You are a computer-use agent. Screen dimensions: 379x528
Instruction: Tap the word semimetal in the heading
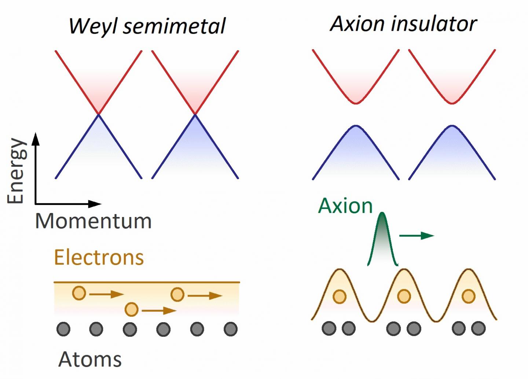coord(174,26)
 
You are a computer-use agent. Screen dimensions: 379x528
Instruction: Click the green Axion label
coord(345,206)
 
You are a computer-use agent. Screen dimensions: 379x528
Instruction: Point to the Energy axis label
coord(17,171)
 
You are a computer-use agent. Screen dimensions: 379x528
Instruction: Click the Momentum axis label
coord(93,221)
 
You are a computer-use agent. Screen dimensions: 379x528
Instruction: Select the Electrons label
coord(99,257)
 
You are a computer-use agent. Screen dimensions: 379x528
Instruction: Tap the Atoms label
coord(90,359)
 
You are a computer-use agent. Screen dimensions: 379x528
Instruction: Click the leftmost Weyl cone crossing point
coord(98,114)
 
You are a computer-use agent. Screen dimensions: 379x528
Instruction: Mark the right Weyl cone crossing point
coord(195,114)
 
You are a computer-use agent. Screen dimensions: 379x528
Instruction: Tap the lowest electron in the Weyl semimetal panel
coord(131,310)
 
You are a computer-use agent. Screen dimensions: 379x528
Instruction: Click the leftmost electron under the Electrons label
coord(79,293)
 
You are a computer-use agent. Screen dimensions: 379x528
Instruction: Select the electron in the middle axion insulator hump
coord(404,296)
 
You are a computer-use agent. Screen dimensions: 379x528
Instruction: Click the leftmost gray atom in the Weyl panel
coord(63,329)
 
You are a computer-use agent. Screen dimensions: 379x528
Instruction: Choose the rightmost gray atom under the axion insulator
coord(478,328)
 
